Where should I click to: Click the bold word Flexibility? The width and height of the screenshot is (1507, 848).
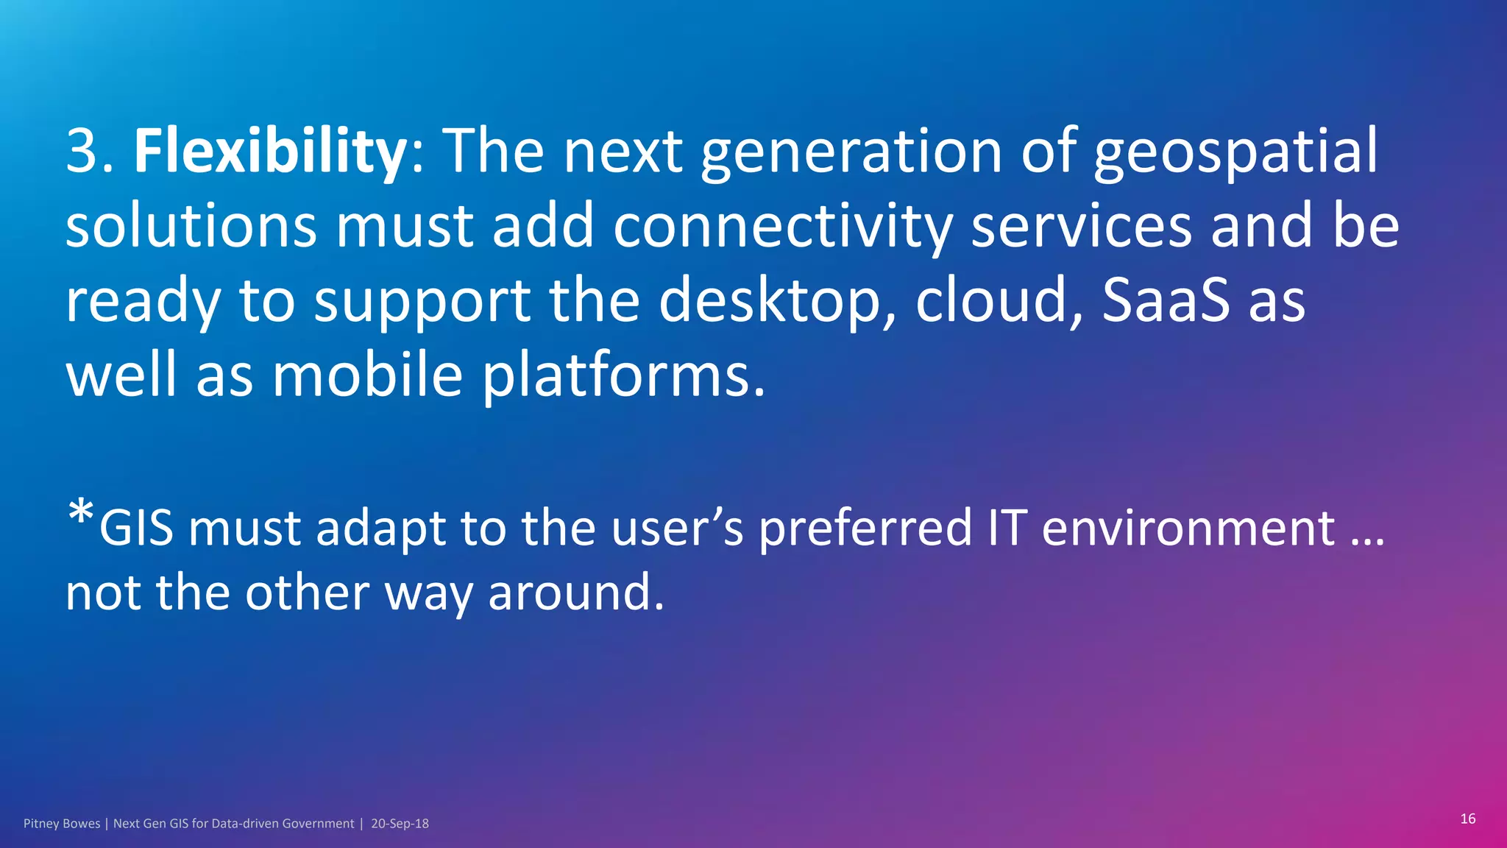coord(269,150)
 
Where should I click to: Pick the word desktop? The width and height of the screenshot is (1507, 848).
coord(769,302)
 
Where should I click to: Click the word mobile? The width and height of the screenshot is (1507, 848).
coord(367,375)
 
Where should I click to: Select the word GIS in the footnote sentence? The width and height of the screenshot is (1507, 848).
coord(137,528)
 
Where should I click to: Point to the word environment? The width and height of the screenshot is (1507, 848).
coord(1188,528)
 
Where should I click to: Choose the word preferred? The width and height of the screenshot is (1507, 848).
coord(865,529)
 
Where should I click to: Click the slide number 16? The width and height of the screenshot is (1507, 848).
coord(1467,819)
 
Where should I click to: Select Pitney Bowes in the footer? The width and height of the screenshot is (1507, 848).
coord(62,824)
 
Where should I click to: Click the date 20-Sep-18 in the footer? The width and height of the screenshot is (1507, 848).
coord(400,824)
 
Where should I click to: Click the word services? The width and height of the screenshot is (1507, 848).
coord(1081,227)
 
